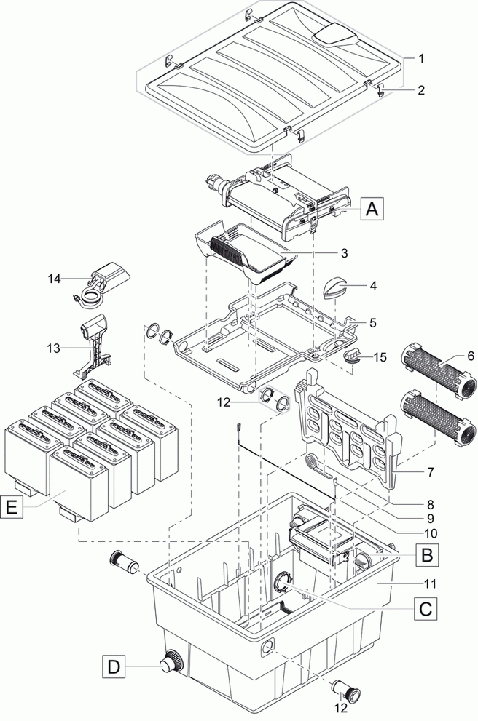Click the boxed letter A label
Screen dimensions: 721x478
pyautogui.click(x=371, y=209)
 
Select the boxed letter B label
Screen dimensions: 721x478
pyautogui.click(x=427, y=556)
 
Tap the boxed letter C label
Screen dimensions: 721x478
pyautogui.click(x=427, y=606)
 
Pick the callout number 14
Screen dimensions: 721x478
pyautogui.click(x=54, y=277)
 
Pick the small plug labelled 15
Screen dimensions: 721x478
pyautogui.click(x=353, y=356)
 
